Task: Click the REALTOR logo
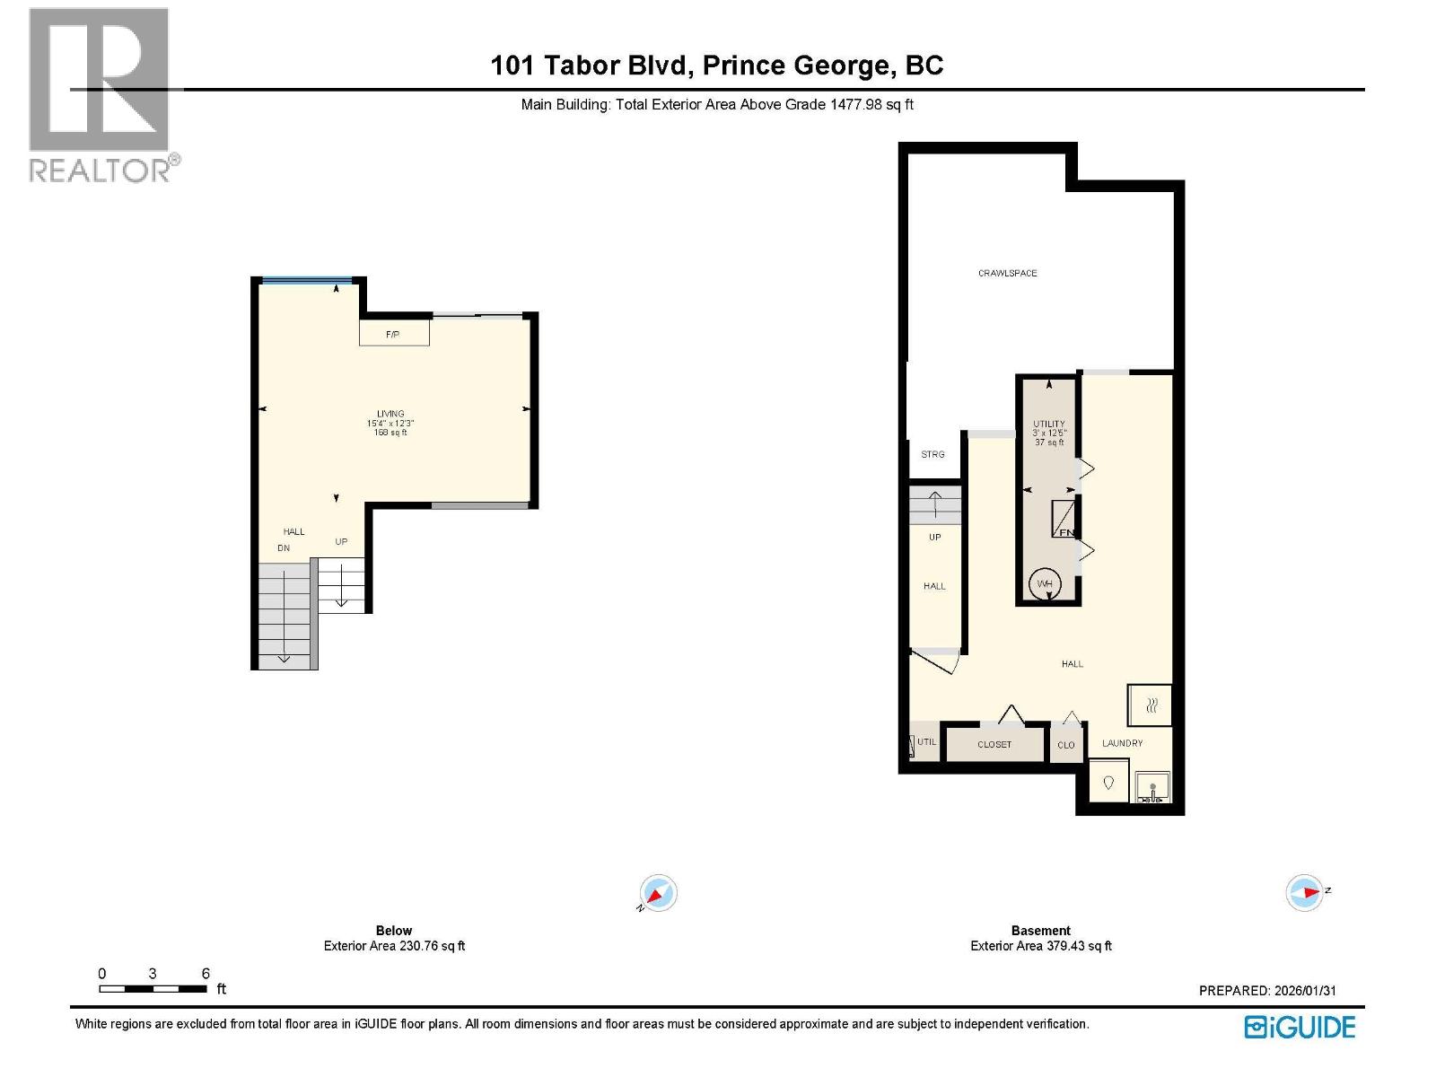coord(100,94)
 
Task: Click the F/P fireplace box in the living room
coord(394,333)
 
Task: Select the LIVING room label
coord(390,414)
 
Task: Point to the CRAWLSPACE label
coord(1007,273)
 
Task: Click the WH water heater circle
coord(1045,584)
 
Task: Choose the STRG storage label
coord(933,454)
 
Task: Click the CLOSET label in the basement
coord(994,744)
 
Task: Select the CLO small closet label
coord(1065,745)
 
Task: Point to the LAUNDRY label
coord(1122,743)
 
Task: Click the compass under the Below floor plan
coord(658,894)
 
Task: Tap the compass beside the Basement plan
coord(1305,892)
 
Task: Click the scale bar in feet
coord(153,988)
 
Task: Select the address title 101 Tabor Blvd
coord(716,66)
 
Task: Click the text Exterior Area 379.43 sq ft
coord(1041,946)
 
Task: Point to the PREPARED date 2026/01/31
coord(1267,991)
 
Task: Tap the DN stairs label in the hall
coord(284,547)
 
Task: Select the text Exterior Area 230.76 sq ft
coord(394,946)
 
